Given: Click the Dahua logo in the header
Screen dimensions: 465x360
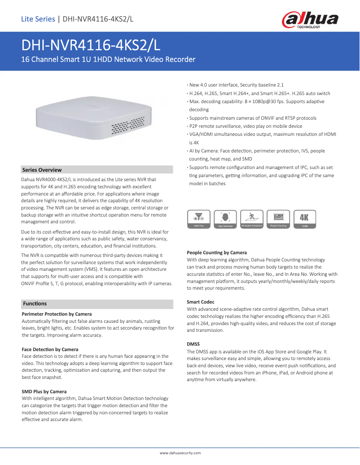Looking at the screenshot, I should coord(309,20).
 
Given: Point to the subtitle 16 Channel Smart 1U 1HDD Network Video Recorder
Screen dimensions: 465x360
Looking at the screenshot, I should coord(109,59).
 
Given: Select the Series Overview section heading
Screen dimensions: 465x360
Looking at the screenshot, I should coord(42,170).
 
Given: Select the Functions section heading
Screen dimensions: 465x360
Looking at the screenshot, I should coord(35,304).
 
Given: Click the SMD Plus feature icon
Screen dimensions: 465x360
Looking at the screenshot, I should coord(199,219).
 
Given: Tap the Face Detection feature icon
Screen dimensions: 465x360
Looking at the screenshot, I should coord(225,219).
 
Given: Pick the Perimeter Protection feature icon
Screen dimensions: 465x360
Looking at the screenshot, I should coord(251,219).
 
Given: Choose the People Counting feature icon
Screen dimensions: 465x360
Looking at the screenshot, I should coord(278,219).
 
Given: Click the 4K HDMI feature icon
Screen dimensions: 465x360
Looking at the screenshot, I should coord(304,219).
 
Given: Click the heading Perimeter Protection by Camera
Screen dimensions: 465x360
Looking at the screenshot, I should coord(57,314).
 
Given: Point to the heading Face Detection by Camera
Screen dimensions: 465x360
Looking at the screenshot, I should coord(50,349).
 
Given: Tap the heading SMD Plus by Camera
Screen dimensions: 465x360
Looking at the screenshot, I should coord(44,391).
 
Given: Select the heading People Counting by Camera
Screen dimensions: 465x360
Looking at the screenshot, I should coord(216,252).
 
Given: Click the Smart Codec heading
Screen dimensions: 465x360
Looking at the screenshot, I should coord(200,302).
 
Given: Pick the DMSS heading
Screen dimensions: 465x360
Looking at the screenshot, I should coord(193,344).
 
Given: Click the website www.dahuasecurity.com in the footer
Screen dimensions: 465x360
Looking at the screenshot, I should coord(180,453).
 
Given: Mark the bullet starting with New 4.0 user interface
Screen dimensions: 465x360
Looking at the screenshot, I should coord(236,85).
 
